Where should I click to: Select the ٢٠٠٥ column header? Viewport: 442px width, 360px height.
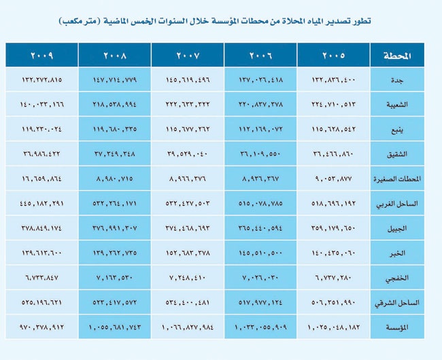tap(333, 54)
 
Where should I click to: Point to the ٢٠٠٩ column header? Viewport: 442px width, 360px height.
tap(41, 54)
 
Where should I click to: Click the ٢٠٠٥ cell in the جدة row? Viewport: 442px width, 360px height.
tap(333, 80)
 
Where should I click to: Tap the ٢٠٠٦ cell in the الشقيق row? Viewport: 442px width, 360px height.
tap(260, 154)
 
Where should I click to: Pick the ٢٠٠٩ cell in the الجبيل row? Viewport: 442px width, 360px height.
tap(41, 228)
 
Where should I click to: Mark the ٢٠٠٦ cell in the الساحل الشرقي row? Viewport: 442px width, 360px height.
tap(260, 302)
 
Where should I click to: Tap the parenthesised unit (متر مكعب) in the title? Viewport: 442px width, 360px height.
tap(81, 22)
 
